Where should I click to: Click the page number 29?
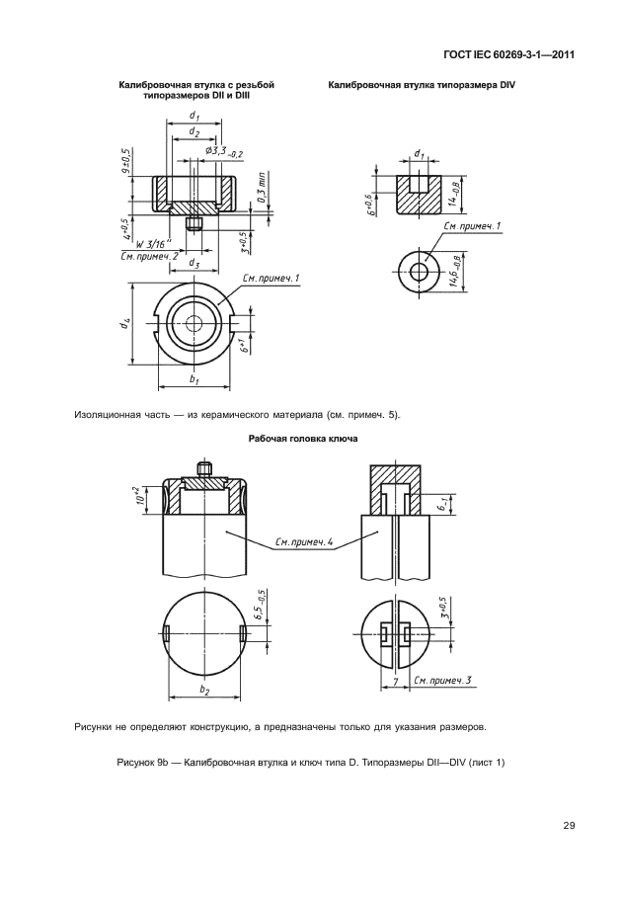[569, 826]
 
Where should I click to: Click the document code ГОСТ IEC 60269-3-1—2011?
[509, 55]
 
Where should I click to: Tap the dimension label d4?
[123, 324]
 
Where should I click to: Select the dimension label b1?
[194, 380]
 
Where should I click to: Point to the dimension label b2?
[204, 690]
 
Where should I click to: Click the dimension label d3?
[194, 264]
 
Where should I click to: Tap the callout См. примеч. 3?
[442, 681]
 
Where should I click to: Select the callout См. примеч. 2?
[149, 256]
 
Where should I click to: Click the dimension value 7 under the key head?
[394, 681]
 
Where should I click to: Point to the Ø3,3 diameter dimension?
[223, 152]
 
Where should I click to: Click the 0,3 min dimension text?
[263, 191]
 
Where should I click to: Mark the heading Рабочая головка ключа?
[303, 439]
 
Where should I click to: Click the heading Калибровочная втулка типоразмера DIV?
[422, 85]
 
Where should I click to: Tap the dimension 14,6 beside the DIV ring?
[455, 271]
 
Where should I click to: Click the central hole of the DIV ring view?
[423, 271]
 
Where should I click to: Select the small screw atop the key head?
[204, 467]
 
